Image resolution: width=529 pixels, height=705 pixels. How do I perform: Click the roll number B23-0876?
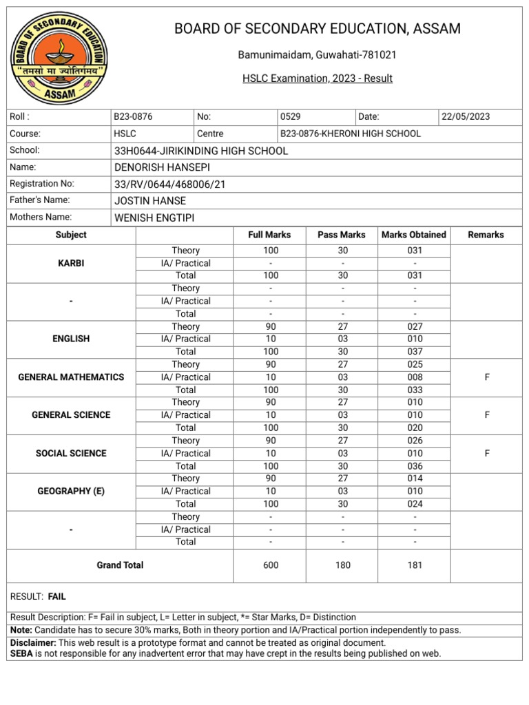[x=133, y=116]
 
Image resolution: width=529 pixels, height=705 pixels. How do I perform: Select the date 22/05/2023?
[x=466, y=116]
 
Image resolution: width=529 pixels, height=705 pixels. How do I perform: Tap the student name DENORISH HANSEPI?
[x=162, y=167]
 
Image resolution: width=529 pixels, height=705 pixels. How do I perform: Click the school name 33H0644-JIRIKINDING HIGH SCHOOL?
[x=200, y=151]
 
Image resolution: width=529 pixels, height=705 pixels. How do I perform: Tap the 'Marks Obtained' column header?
[x=414, y=235]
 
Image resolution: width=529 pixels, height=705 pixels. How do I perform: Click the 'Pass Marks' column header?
[x=342, y=235]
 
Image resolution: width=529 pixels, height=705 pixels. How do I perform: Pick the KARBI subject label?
[x=71, y=263]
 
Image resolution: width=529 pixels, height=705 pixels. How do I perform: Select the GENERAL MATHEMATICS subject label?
[x=71, y=377]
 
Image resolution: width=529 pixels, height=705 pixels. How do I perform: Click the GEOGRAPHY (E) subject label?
[x=71, y=491]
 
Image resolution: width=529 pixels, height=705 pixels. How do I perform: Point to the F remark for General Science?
[x=486, y=415]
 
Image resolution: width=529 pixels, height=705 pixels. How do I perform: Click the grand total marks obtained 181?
[x=414, y=565]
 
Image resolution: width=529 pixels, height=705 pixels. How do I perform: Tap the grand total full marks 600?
[x=271, y=565]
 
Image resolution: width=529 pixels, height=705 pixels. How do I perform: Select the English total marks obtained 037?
[x=414, y=352]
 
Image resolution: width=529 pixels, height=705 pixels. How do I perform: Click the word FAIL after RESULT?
[x=57, y=596]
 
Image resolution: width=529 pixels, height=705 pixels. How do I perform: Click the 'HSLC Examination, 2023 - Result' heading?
[x=317, y=78]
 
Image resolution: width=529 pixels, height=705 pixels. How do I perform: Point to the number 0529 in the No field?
[x=290, y=116]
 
